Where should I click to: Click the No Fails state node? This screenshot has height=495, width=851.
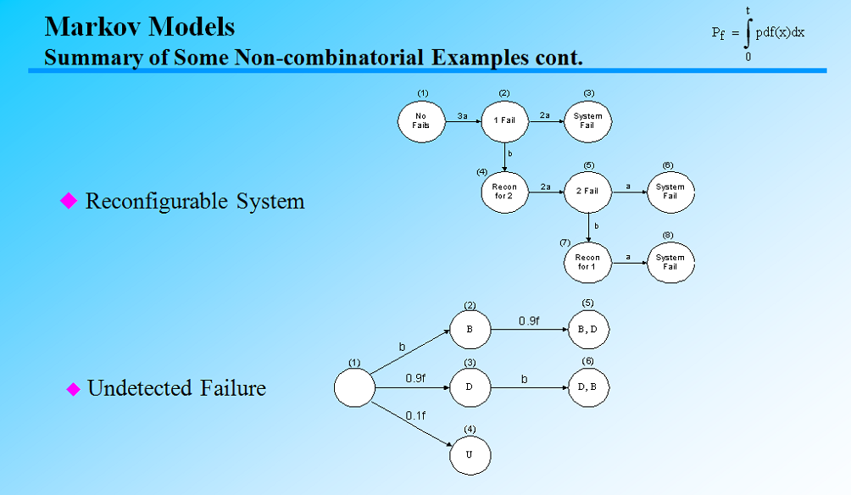tap(421, 121)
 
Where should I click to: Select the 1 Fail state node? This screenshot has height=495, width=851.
tap(505, 121)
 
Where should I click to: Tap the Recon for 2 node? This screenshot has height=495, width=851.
tap(505, 192)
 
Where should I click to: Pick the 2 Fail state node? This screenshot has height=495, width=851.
tap(587, 192)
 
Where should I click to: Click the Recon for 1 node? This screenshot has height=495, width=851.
tap(587, 262)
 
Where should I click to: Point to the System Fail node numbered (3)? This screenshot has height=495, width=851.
tap(587, 121)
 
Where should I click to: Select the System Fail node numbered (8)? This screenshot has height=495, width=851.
tap(670, 262)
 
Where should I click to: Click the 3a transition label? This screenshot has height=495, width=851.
tap(462, 114)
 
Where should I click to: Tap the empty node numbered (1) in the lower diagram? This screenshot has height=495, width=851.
tap(354, 388)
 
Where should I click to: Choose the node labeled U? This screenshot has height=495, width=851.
tap(470, 455)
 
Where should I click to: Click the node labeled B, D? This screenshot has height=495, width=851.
tap(587, 329)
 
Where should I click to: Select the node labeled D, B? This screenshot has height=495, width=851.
tap(587, 388)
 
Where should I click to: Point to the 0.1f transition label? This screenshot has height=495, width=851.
tap(415, 415)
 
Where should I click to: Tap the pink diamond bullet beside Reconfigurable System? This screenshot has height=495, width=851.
tap(69, 201)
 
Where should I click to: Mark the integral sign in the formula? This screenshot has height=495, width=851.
tap(748, 34)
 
